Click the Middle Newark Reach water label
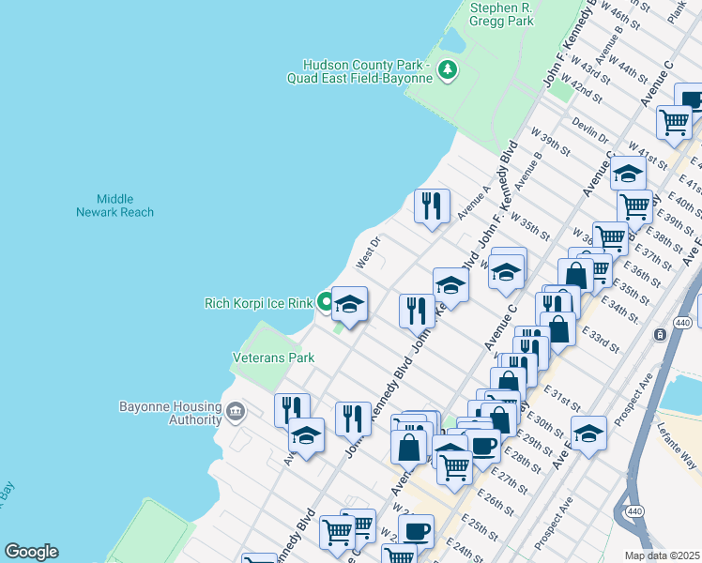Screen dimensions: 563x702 tap(114, 205)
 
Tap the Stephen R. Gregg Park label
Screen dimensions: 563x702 tap(500, 13)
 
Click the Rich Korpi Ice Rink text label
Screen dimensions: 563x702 tap(258, 303)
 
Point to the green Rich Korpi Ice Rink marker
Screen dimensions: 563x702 tap(325, 302)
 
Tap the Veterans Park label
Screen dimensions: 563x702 tap(272, 358)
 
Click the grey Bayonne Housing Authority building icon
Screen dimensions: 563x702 tap(235, 409)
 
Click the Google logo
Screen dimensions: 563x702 tap(30, 552)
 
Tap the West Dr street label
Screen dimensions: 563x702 tap(365, 251)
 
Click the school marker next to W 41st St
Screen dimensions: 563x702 tap(628, 173)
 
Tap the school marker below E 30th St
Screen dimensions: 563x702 tap(588, 434)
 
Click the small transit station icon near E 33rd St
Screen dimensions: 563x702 tap(660, 334)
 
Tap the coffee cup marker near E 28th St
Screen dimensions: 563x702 tap(483, 447)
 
